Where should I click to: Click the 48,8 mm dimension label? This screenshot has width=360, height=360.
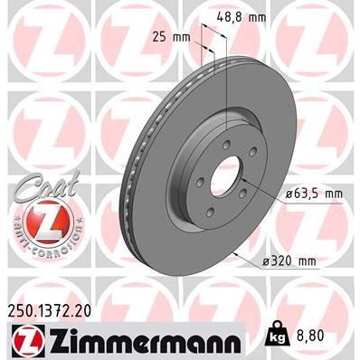click(x=246, y=17)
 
